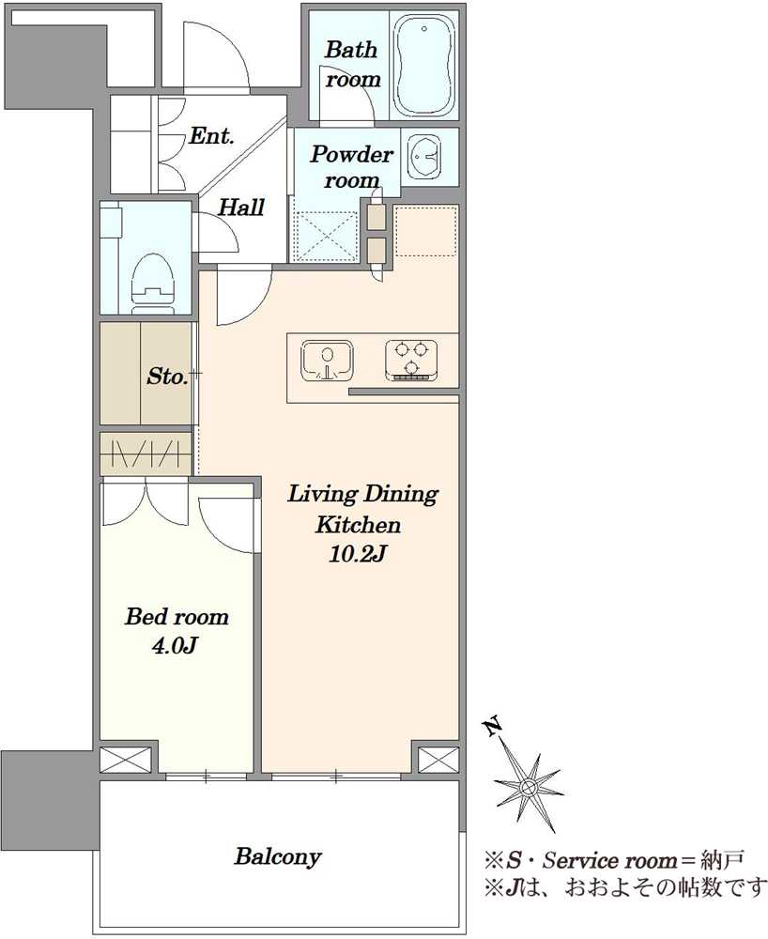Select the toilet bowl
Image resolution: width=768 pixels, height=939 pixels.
[153, 282]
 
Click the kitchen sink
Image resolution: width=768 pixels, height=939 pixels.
[327, 361]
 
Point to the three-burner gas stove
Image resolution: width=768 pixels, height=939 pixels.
[411, 361]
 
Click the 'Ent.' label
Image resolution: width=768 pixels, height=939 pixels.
[211, 136]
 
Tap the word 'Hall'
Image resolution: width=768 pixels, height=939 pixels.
[240, 208]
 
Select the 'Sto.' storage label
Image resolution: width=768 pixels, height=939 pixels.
[167, 377]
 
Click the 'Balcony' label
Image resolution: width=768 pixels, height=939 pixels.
[278, 856]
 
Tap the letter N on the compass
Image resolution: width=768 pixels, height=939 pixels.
[493, 727]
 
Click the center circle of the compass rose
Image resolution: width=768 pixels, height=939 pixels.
[528, 786]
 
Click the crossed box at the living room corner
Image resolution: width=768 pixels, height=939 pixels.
[438, 760]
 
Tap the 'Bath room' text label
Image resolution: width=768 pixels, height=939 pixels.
[353, 64]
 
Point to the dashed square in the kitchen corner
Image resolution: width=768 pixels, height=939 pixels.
[426, 231]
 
